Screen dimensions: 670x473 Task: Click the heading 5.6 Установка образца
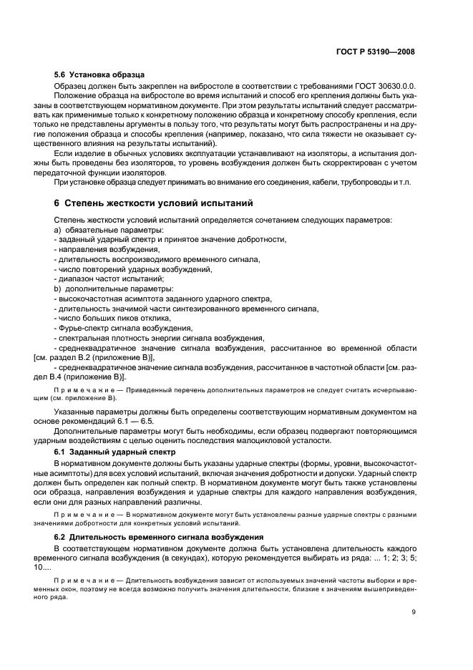99,74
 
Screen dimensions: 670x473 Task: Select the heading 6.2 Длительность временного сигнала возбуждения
160,536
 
